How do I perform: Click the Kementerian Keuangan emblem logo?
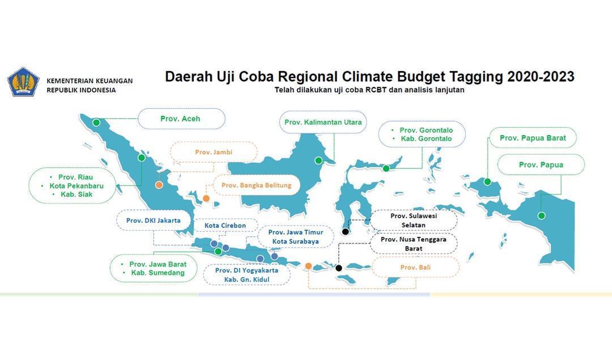pyautogui.click(x=23, y=82)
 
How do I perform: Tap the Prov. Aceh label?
pyautogui.click(x=180, y=118)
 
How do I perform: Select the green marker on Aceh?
pyautogui.click(x=96, y=122)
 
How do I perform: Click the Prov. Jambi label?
pyautogui.click(x=214, y=152)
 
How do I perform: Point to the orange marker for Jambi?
pyautogui.click(x=159, y=185)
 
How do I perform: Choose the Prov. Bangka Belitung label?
pyautogui.click(x=257, y=185)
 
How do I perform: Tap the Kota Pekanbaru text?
pyautogui.click(x=76, y=186)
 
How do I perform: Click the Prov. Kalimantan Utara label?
pyautogui.click(x=323, y=122)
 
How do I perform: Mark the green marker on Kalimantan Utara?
pyautogui.click(x=318, y=160)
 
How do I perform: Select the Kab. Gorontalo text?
pyautogui.click(x=426, y=138)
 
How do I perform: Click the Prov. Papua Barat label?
pyautogui.click(x=533, y=138)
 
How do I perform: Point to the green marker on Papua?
pyautogui.click(x=541, y=215)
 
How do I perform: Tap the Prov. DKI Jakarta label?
pyautogui.click(x=154, y=221)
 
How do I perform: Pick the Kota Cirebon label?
pyautogui.click(x=225, y=226)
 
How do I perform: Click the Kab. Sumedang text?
pyautogui.click(x=158, y=273)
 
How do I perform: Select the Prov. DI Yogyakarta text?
pyautogui.click(x=246, y=270)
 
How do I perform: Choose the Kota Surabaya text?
pyautogui.click(x=295, y=242)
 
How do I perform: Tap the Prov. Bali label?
pyautogui.click(x=415, y=268)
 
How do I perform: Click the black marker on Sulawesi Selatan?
pyautogui.click(x=346, y=232)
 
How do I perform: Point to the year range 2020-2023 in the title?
pyautogui.click(x=541, y=76)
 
